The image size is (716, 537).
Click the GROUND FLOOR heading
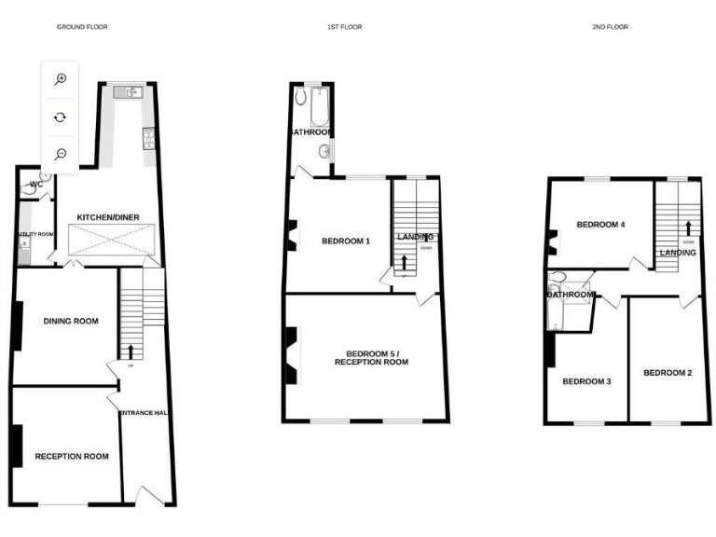82,27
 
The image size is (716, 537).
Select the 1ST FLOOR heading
344,27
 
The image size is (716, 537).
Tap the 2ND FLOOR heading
610,27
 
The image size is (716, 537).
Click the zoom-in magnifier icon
61,79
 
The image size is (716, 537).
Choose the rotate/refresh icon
61,117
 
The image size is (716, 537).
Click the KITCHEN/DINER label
108,217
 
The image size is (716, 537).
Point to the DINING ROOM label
71,322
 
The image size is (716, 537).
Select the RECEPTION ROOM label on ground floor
72,457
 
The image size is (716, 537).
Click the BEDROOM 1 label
346,241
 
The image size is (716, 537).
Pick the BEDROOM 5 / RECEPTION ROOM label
377,357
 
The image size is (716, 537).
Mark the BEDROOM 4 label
600,225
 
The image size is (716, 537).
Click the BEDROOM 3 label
586,381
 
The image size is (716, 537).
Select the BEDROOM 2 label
668,373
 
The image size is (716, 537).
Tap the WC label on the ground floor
36,185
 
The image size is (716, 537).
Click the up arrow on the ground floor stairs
131,351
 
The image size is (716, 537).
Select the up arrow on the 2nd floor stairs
688,227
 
